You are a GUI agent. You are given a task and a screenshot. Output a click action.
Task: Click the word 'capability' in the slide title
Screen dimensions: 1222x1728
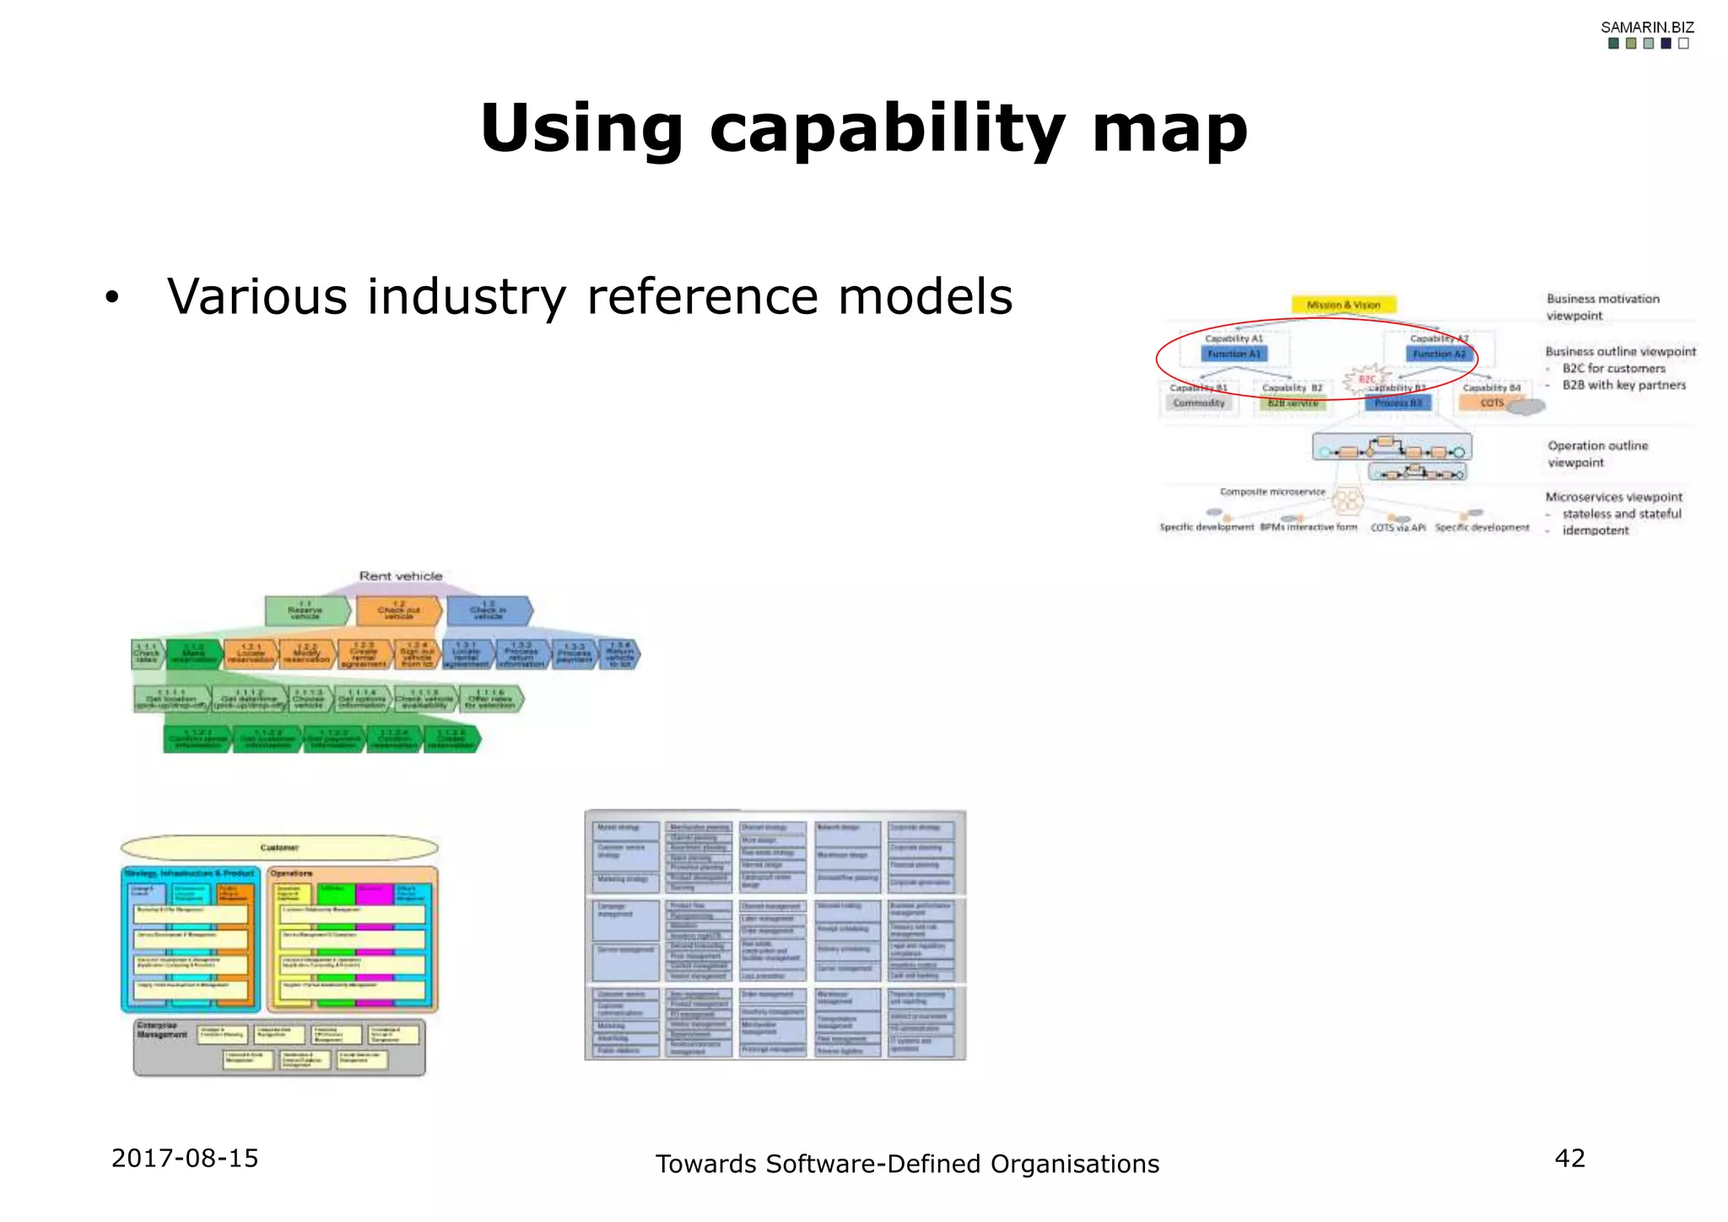887,129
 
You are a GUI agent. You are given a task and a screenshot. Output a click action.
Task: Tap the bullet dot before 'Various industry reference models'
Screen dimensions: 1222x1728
112,299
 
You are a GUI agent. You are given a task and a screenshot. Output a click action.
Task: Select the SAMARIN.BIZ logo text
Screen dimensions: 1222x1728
1647,27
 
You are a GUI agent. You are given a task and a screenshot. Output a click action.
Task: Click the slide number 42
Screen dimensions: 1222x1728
1569,1158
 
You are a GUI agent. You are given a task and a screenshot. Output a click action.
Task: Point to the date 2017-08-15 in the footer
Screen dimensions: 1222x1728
185,1158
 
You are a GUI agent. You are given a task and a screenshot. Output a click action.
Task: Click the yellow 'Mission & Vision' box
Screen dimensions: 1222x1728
1343,305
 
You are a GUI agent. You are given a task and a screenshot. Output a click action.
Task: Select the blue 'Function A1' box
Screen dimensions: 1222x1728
1234,354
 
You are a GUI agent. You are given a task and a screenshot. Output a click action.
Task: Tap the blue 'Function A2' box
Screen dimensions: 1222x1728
1439,354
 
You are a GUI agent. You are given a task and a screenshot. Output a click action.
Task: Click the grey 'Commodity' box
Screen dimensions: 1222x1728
1199,403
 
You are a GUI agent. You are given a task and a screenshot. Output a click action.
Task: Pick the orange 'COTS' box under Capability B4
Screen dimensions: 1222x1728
1491,403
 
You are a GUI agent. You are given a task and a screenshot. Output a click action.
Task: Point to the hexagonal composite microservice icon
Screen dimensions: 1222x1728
1347,501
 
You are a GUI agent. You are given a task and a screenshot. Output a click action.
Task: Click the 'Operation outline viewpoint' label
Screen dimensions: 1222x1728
1596,453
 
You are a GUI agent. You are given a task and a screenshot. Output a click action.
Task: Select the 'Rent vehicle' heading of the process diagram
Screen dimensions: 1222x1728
401,576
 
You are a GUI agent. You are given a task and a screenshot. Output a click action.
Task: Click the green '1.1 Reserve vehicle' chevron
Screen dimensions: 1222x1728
305,611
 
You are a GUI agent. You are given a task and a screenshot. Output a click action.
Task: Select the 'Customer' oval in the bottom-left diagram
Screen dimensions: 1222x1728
279,847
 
